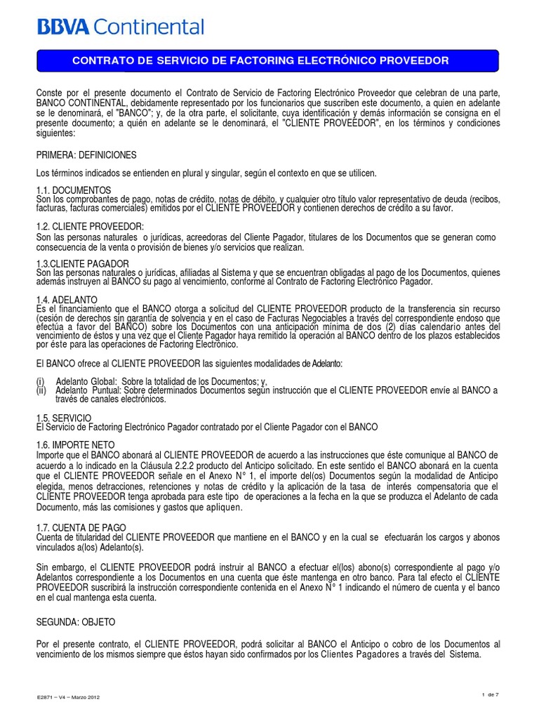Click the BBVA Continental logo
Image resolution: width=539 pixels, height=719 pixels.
point(121,27)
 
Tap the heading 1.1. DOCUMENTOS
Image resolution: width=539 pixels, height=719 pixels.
point(73,190)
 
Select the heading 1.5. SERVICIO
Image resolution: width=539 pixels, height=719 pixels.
point(66,417)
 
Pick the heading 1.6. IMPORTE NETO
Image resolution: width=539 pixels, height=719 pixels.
point(77,445)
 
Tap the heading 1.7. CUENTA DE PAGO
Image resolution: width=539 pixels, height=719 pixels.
point(81,527)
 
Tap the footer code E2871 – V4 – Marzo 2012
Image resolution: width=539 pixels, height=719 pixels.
point(69,697)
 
